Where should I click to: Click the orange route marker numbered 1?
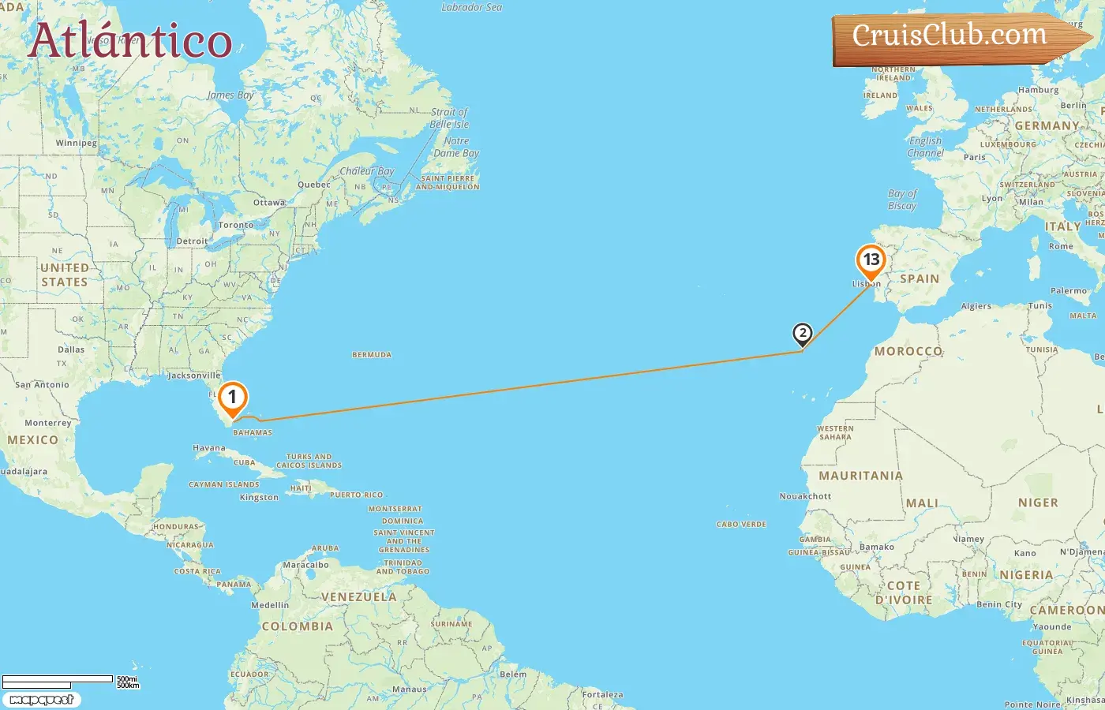pos(232,398)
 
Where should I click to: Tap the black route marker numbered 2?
pos(802,334)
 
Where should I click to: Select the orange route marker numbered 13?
pos(871,260)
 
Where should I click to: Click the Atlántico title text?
pos(130,41)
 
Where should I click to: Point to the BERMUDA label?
pos(372,355)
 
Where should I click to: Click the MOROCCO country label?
pos(908,351)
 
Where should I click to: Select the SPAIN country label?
pos(920,279)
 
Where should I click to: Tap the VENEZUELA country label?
pos(358,597)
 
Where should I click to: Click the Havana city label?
pos(209,448)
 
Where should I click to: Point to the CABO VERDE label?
pos(741,525)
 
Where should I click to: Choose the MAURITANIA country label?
pos(860,476)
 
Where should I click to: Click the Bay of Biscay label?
pos(902,200)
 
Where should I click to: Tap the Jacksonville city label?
pos(194,376)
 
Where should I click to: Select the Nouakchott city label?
pos(805,496)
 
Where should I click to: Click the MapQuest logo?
pos(41,700)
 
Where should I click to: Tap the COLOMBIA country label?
pos(297,626)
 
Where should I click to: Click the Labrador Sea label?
pos(471,8)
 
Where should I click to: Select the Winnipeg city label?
pos(77,144)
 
